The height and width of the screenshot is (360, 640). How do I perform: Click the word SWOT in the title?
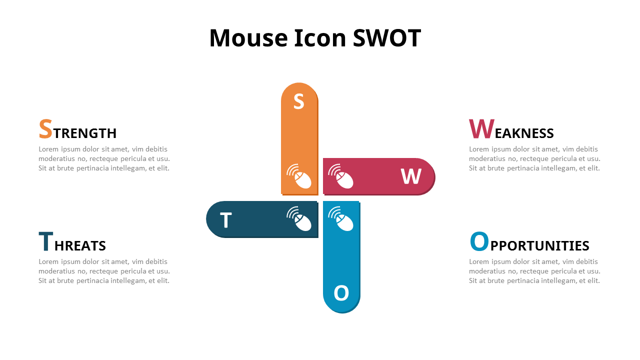coord(387,38)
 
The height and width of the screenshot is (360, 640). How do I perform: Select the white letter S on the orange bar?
coord(298,101)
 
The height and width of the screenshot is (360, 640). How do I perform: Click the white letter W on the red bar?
coord(411,176)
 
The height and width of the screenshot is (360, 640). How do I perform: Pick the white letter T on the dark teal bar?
coord(226,220)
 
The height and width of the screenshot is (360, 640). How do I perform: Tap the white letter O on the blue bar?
coord(341,293)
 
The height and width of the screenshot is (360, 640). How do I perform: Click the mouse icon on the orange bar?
coord(299,176)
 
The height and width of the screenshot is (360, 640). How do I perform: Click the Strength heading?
coord(77,131)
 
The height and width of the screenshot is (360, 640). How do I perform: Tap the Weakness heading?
coord(511,131)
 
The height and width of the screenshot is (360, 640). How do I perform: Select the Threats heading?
coord(72,243)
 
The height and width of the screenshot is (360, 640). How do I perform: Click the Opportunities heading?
coord(529,243)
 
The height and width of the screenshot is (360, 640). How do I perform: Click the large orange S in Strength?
coord(45,129)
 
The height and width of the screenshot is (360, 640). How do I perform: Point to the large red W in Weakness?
coord(481,129)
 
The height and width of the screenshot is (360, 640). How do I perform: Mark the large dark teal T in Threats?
coord(45,241)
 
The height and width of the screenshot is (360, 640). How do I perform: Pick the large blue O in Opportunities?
coord(479,241)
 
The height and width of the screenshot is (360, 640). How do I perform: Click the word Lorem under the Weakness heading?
coord(479,149)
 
